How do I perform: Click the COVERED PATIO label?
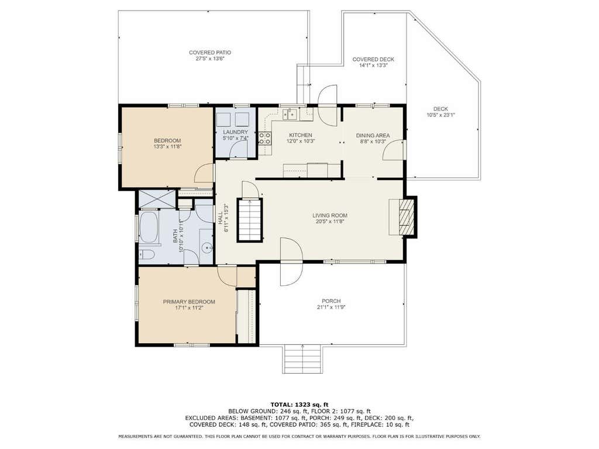click(210, 53)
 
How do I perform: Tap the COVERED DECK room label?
click(373, 60)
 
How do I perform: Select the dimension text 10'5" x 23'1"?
click(440, 115)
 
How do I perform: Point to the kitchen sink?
click(290, 114)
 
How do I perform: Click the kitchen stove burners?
click(265, 139)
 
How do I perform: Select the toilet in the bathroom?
click(146, 255)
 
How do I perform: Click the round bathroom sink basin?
click(208, 248)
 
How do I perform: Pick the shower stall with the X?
click(157, 199)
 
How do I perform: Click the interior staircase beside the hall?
click(250, 220)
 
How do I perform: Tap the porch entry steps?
click(302, 359)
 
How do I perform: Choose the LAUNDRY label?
click(236, 132)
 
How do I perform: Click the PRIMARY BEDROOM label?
click(189, 302)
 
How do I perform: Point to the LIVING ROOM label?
click(330, 215)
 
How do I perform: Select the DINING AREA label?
click(373, 136)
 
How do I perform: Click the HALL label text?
click(221, 219)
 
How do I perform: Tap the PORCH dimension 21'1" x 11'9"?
click(331, 308)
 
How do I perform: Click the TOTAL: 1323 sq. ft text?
click(299, 405)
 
